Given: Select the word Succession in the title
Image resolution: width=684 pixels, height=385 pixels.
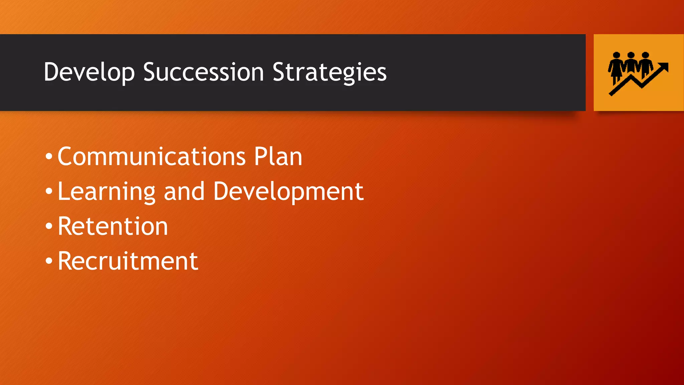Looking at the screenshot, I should (203, 72).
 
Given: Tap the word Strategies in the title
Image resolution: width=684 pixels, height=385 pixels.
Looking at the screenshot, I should (329, 72).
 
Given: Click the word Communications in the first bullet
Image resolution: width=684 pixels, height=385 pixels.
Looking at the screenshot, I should (152, 156).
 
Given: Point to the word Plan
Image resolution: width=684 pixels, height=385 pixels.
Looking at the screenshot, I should (278, 156).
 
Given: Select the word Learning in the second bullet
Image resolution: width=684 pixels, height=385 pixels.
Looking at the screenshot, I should (107, 191).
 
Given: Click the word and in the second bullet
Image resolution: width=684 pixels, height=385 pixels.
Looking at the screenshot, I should (184, 191).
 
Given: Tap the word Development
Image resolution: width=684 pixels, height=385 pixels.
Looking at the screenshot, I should (288, 191).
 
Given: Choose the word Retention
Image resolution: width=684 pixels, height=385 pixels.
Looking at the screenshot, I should (113, 226).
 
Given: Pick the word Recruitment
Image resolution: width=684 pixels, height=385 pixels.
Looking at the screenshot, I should (128, 261).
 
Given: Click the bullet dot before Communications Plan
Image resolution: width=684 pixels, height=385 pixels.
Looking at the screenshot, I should (49, 156).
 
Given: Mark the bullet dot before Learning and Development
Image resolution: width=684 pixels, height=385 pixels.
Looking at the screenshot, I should (49, 191).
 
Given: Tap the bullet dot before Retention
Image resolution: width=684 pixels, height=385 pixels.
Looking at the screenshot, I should (49, 226).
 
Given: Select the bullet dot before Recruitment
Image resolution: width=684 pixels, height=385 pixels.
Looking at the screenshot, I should (49, 261).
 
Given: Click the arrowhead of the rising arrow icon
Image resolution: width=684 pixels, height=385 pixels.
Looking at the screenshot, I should (664, 67).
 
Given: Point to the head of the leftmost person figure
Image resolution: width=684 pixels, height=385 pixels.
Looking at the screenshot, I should (617, 55).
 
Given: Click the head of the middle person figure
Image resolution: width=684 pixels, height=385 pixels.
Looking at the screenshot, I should (631, 55).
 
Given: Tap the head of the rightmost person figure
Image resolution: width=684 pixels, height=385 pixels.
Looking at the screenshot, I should (645, 55).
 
